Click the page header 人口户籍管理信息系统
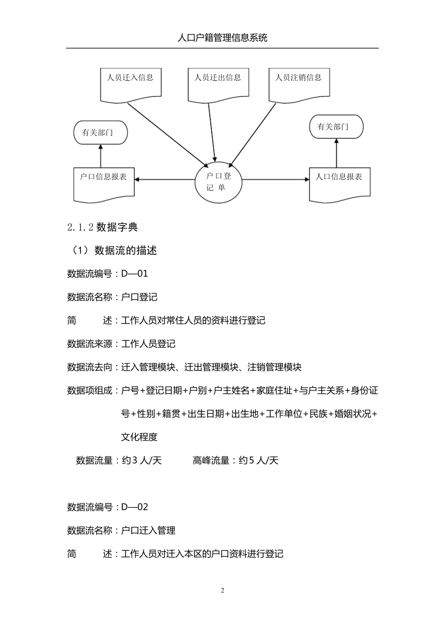point(222,38)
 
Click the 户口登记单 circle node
point(218,182)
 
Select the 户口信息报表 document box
point(104,183)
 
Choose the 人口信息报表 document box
point(339,183)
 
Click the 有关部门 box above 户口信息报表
point(100,133)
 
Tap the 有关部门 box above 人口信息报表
point(336,127)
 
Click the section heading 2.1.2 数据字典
point(103,227)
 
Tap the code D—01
point(134,274)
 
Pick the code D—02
point(134,507)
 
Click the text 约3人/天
point(141,461)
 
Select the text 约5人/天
point(259,461)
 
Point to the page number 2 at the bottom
point(222,591)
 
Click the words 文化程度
point(139,437)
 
